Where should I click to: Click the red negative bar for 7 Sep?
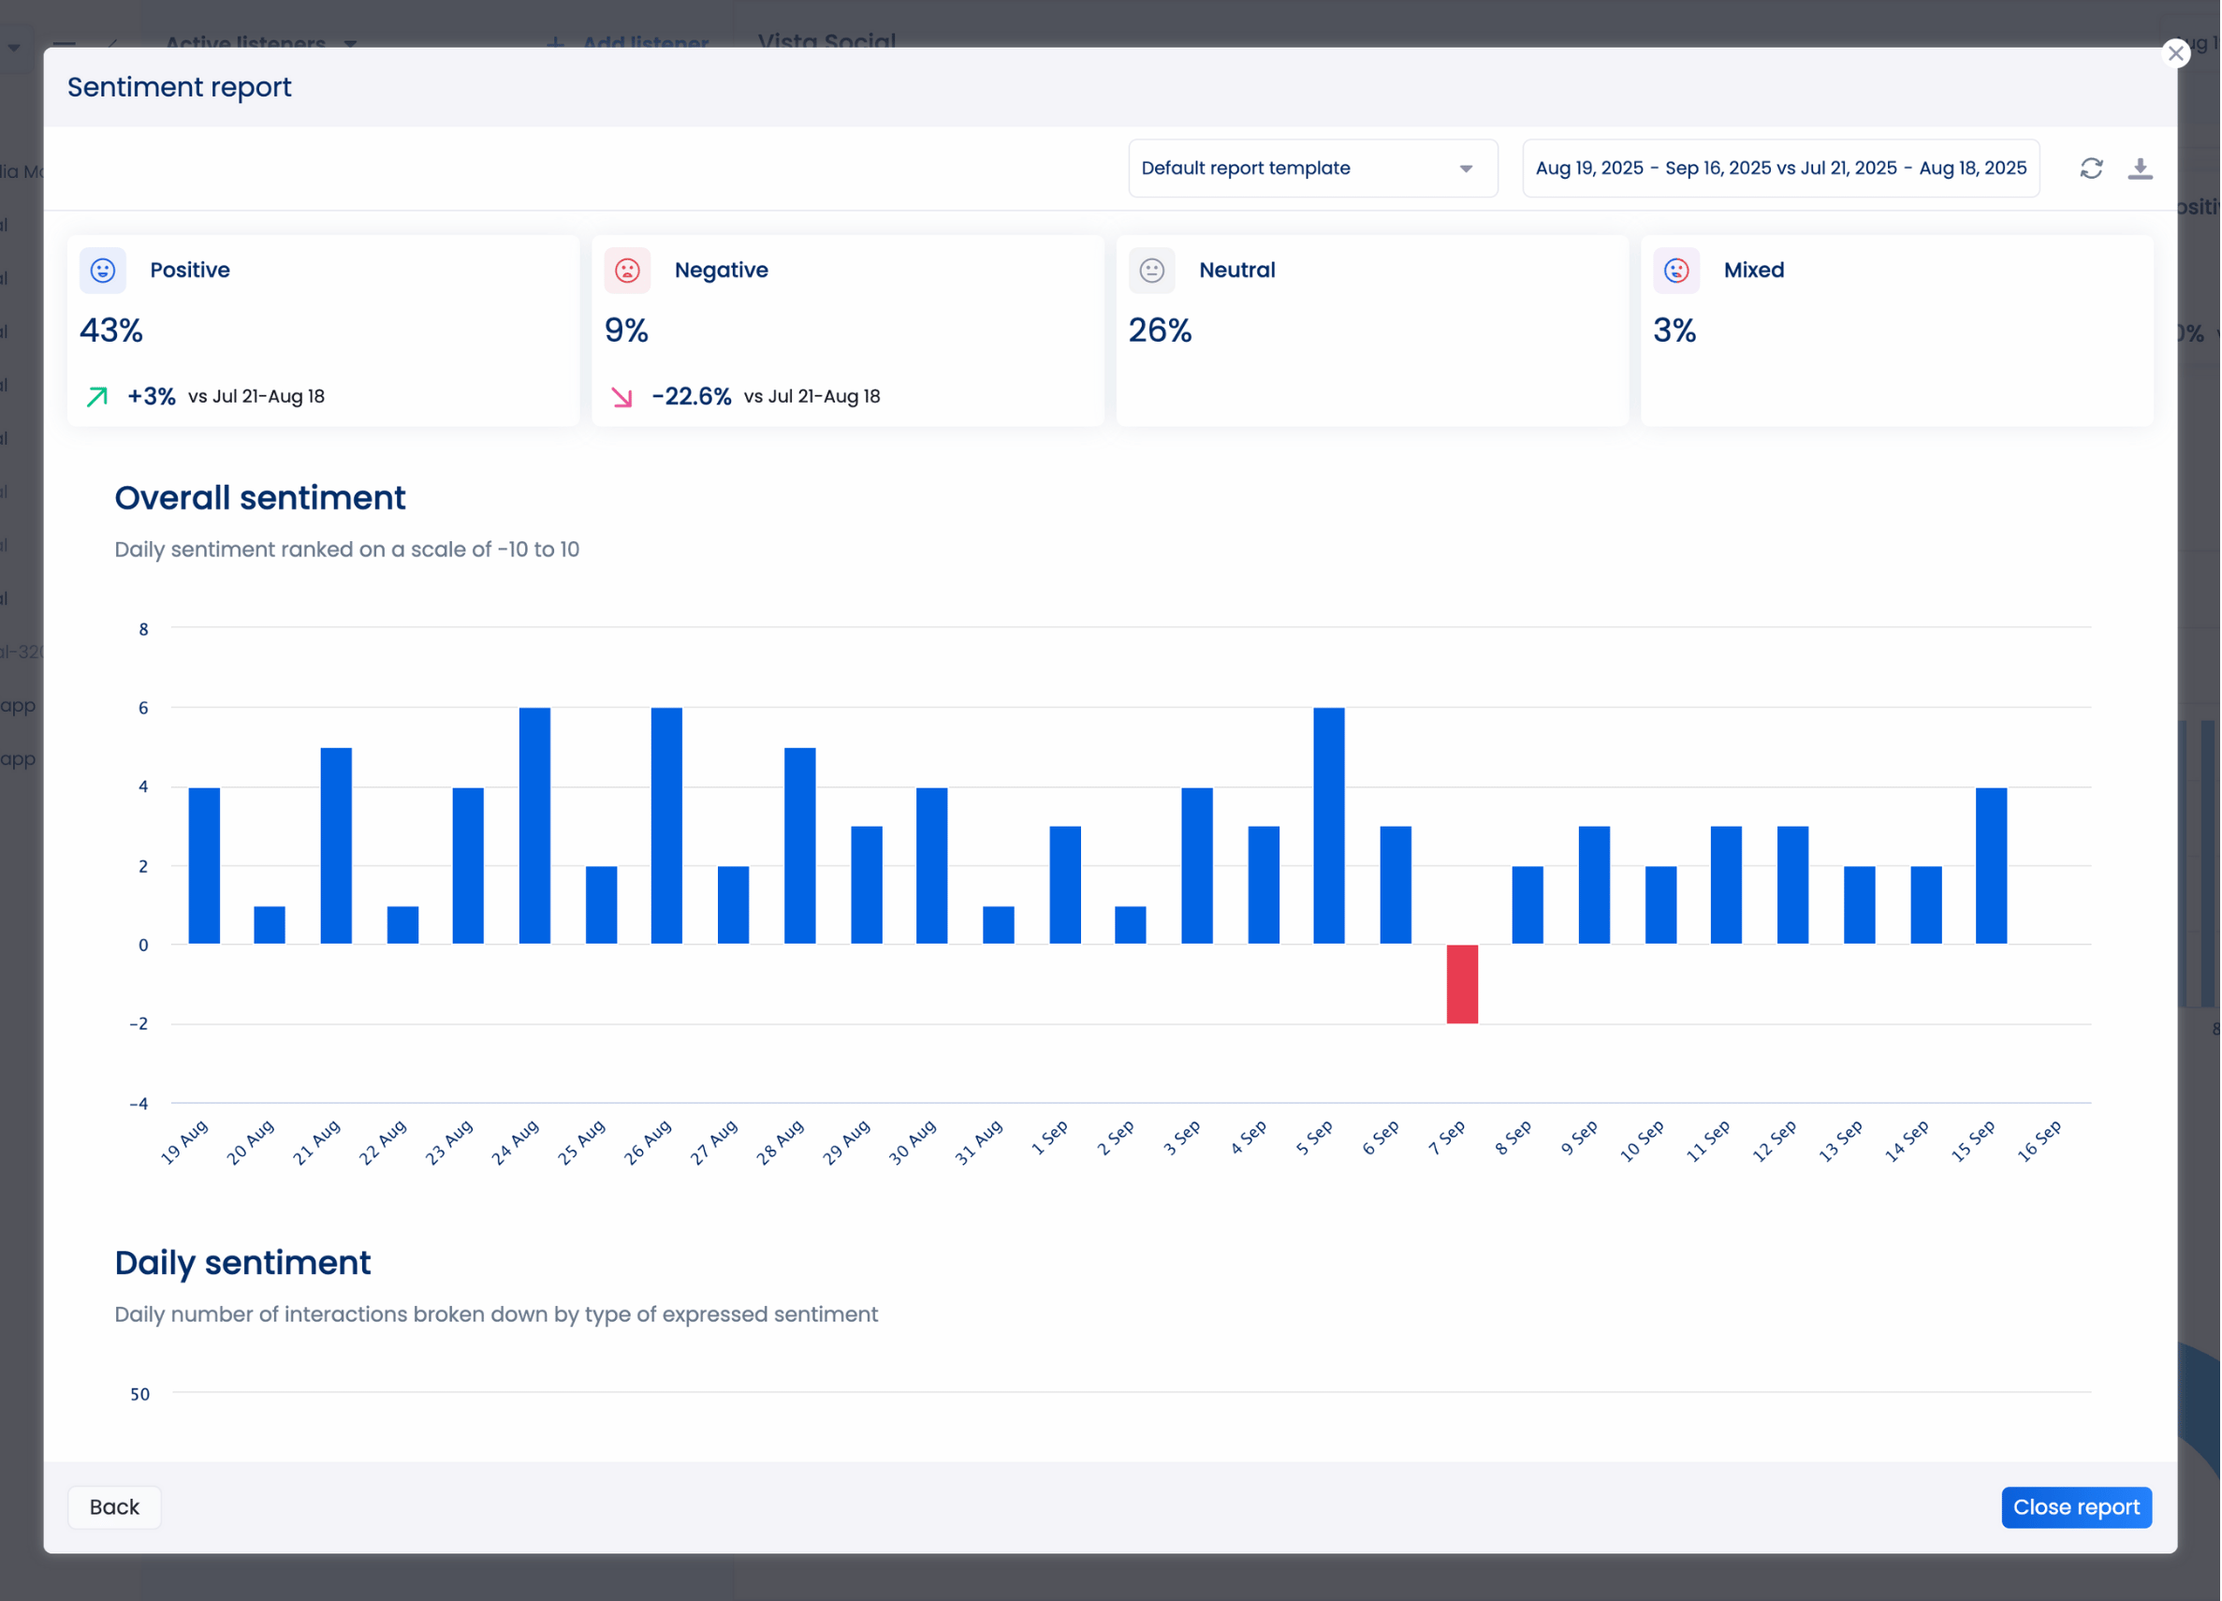coord(1462,984)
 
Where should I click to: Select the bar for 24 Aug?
coord(534,825)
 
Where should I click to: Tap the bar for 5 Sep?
coord(1328,825)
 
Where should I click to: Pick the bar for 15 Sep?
coord(1991,865)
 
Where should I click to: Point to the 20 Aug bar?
coord(270,925)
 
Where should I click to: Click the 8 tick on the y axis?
coord(144,629)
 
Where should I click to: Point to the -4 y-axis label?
coord(139,1103)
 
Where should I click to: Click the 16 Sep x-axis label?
coord(2039,1141)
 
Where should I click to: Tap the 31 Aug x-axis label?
coord(979,1141)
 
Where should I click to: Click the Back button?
coord(113,1507)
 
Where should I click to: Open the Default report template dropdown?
coord(1312,169)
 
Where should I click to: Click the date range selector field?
coord(1780,169)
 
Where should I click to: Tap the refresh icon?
coord(2091,169)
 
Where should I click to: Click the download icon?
coord(2140,169)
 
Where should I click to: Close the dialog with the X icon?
coord(2175,53)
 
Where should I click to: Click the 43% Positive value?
coord(111,330)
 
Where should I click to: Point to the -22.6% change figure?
coord(691,396)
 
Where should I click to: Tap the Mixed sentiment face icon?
coord(1675,271)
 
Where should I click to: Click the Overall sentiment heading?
coord(259,498)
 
